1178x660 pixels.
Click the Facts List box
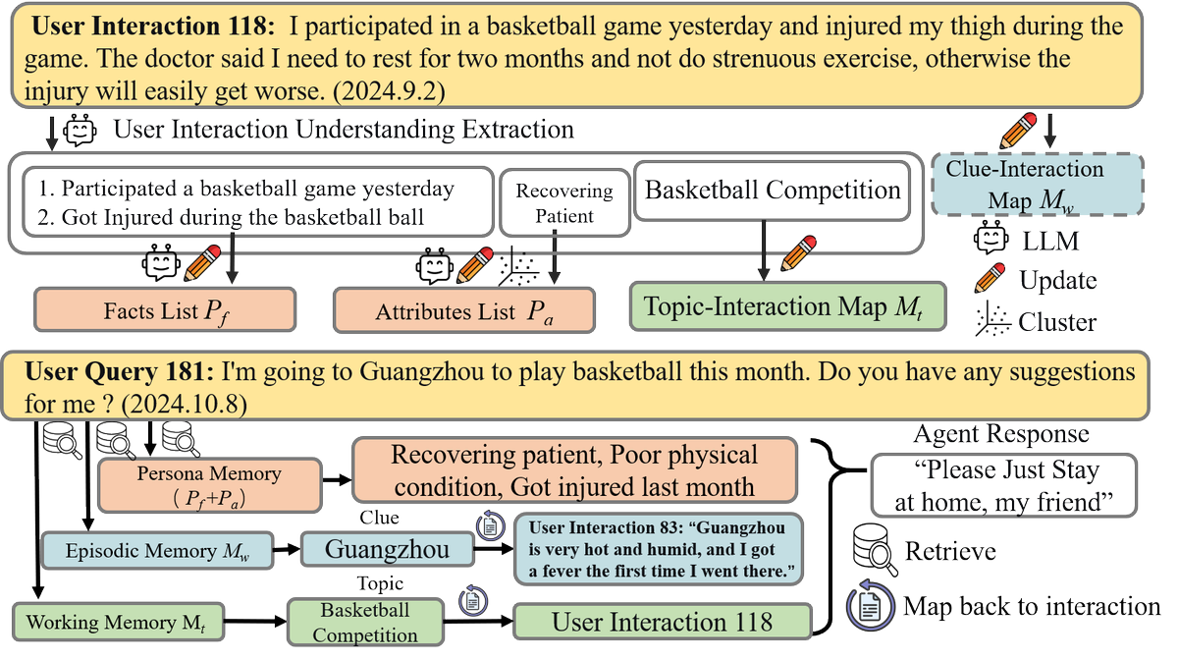[x=165, y=310]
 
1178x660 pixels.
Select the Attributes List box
[x=464, y=310]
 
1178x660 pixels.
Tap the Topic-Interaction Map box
[x=787, y=306]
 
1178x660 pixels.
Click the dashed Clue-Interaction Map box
[x=1037, y=185]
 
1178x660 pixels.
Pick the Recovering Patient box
[x=564, y=203]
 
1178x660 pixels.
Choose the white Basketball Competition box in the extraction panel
[x=772, y=190]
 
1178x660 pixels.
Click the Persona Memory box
[x=210, y=485]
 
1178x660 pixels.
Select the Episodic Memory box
[x=157, y=551]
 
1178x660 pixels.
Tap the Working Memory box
[x=119, y=622]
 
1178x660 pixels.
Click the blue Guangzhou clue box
[x=388, y=549]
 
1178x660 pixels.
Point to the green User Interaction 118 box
[x=662, y=622]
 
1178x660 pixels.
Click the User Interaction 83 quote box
[x=659, y=549]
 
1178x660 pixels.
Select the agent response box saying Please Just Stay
[x=1004, y=485]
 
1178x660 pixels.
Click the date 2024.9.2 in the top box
[x=389, y=91]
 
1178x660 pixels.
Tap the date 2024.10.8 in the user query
[x=185, y=405]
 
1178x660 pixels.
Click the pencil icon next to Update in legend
[x=990, y=278]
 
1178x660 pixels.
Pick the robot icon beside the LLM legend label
[x=991, y=238]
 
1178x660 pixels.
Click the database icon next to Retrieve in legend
[x=875, y=550]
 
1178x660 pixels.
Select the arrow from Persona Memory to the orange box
[x=337, y=479]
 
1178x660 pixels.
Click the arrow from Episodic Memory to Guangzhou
[x=287, y=549]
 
